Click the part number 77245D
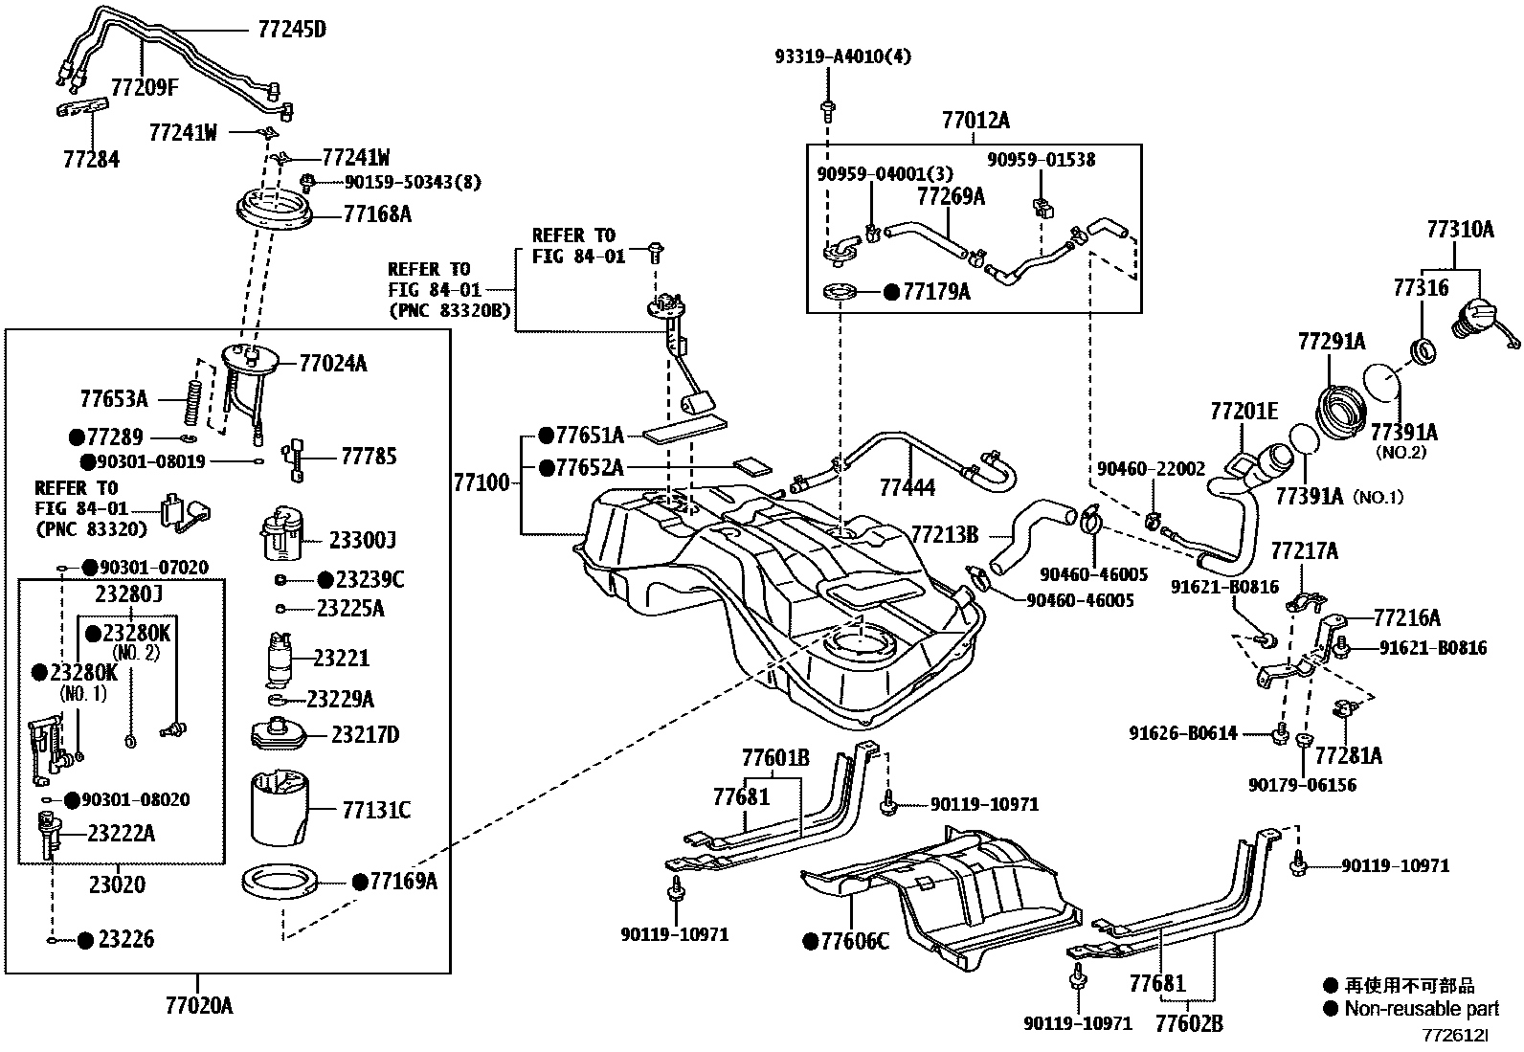point(291,30)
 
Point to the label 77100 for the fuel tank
point(483,483)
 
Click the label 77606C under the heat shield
point(854,942)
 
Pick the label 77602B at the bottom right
point(1188,1023)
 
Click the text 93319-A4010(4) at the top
point(842,56)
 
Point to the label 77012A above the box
point(975,121)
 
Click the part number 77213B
point(944,534)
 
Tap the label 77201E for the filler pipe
point(1244,412)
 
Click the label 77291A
point(1331,341)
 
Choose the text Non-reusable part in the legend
point(1421,1008)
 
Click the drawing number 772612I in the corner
point(1455,1036)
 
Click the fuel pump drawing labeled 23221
point(280,659)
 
